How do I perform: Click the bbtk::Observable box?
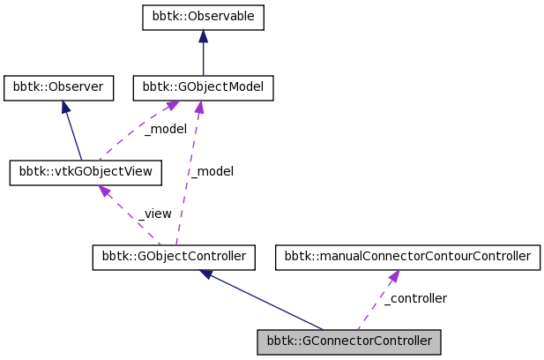[x=203, y=18]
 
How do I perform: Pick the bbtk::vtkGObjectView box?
[x=86, y=172]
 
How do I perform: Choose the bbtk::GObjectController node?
[x=174, y=258]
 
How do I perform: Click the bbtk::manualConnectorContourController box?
[x=407, y=258]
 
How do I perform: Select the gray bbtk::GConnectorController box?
[x=348, y=341]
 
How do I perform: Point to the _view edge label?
[x=155, y=214]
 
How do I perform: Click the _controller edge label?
[x=417, y=298]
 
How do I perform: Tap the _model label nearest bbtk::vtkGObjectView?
[x=165, y=129]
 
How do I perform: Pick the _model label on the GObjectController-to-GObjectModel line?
[x=212, y=171]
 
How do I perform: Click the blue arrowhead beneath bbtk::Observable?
[x=203, y=36]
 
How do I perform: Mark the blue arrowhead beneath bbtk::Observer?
[x=65, y=105]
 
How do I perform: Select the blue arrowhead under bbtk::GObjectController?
[x=207, y=274]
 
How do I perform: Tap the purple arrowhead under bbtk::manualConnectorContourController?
[x=391, y=276]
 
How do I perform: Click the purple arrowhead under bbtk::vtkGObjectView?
[x=105, y=191]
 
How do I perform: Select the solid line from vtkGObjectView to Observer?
[x=73, y=134]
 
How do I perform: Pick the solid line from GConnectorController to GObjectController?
[x=265, y=302]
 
